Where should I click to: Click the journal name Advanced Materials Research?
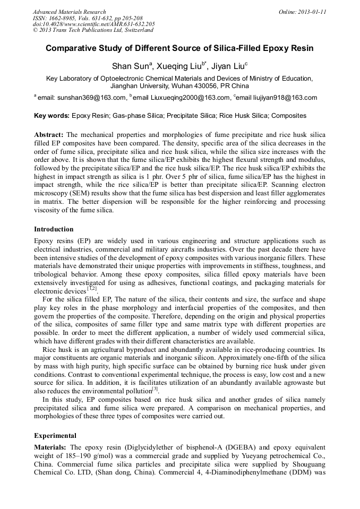(69, 12)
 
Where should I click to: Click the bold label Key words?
(52, 115)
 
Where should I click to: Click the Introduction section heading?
(54, 229)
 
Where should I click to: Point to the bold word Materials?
(50, 447)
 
